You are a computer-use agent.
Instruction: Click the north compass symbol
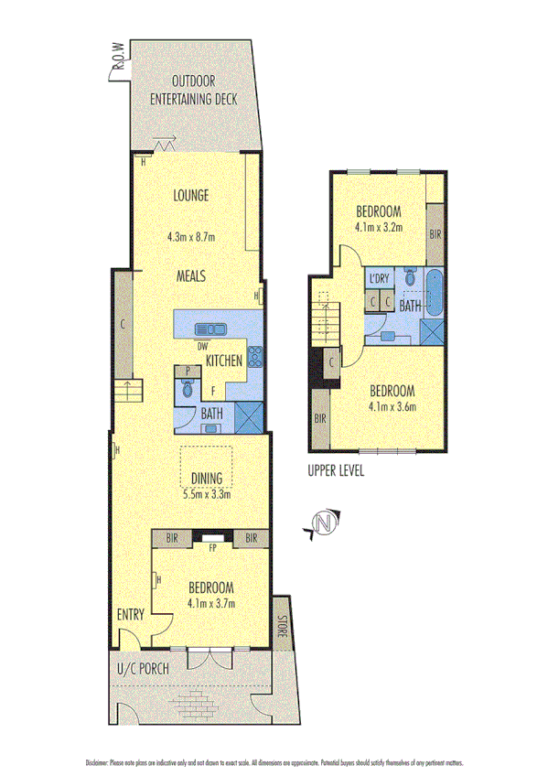(x=322, y=523)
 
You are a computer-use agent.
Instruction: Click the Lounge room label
(x=191, y=195)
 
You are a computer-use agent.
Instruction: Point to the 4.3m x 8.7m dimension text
(x=191, y=236)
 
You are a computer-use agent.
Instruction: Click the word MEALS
(x=191, y=275)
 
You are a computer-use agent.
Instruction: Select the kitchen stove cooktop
(x=254, y=358)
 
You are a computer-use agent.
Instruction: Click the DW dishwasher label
(x=202, y=346)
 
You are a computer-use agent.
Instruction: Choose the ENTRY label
(x=131, y=616)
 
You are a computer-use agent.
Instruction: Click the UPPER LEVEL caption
(x=336, y=471)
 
